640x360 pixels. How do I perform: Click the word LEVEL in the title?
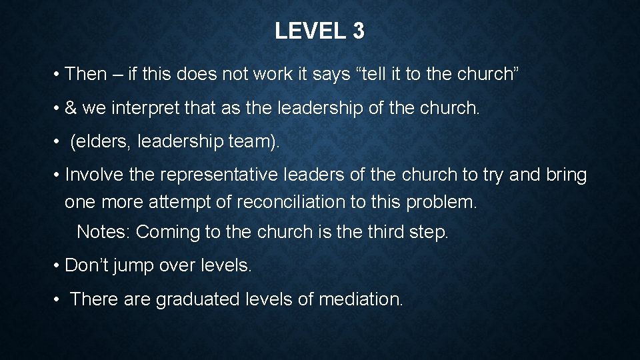pyautogui.click(x=307, y=31)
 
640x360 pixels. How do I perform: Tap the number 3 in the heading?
pyautogui.click(x=358, y=31)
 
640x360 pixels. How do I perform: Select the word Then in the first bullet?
pyautogui.click(x=86, y=74)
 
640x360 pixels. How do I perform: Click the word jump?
pyautogui.click(x=133, y=265)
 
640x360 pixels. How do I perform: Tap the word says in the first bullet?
pyautogui.click(x=331, y=74)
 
